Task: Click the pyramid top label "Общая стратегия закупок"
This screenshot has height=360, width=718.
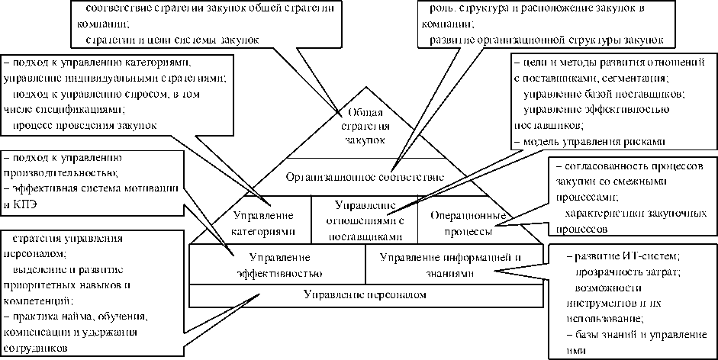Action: [x=363, y=126]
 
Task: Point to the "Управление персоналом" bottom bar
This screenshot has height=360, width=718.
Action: [x=365, y=294]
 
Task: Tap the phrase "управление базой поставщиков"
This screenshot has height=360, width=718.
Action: [x=604, y=94]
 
